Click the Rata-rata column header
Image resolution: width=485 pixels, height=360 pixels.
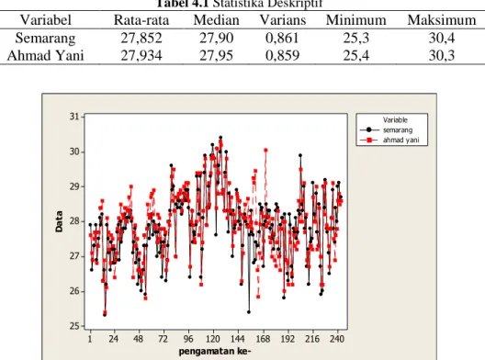point(141,20)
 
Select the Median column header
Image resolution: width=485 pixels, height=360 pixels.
point(216,20)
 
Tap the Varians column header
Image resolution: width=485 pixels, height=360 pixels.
point(283,20)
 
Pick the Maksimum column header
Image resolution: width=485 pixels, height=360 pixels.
point(442,20)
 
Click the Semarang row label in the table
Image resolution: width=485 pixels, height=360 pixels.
point(46,39)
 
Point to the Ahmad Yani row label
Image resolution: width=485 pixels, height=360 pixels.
point(46,56)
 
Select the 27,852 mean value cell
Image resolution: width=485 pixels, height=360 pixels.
point(141,38)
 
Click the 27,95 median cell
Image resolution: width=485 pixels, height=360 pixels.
point(216,56)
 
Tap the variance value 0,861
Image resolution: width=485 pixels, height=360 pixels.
point(282,38)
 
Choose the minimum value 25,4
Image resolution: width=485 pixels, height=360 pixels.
point(356,56)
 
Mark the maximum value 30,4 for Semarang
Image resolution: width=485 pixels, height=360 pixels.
point(442,38)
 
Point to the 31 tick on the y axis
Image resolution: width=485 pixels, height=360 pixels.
point(74,117)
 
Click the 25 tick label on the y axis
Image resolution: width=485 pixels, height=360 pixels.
point(74,326)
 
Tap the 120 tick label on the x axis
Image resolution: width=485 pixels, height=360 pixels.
point(213,339)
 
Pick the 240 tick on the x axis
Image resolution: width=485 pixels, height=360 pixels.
point(337,339)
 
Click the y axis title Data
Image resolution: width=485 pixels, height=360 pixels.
point(59,221)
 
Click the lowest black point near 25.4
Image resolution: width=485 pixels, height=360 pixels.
point(249,312)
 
